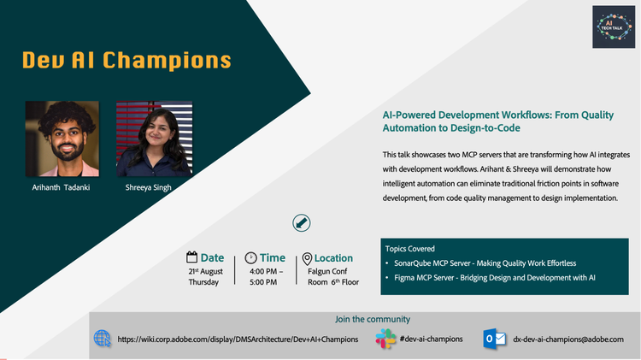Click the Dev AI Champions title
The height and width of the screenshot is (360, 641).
point(126,60)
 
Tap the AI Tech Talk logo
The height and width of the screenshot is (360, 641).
point(614,27)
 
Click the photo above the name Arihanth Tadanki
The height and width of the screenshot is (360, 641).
point(62,139)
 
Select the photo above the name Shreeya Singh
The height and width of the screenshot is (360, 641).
point(154,139)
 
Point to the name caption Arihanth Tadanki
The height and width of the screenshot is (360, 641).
point(61,187)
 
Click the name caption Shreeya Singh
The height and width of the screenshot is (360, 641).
point(149,187)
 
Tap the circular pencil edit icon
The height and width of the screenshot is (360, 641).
point(302,223)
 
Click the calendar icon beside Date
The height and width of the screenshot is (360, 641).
point(191,257)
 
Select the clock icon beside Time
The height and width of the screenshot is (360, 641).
point(250,257)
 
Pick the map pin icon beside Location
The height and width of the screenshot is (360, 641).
point(307,258)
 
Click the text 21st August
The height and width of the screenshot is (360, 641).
point(206,271)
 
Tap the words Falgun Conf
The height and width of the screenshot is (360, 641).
point(327,271)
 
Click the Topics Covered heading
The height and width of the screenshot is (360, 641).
point(409,249)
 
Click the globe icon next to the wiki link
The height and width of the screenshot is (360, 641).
point(103,339)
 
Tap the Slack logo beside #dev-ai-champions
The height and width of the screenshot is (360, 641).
point(385,339)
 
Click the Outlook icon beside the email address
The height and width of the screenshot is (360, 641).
point(494,339)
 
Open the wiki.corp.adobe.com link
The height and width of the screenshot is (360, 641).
point(238,339)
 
